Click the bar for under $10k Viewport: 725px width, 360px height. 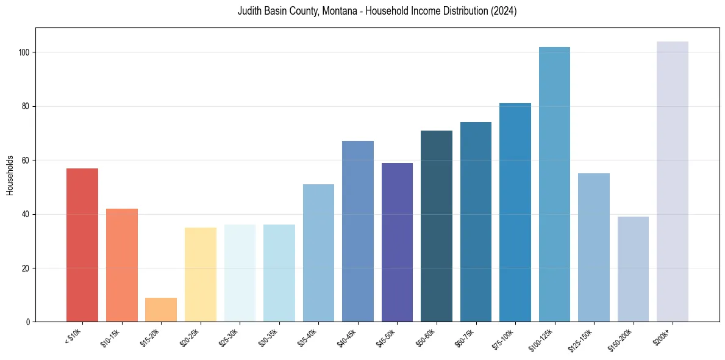tap(82, 245)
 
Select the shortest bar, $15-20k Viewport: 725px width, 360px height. tap(161, 309)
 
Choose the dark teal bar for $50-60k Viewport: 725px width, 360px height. tap(437, 226)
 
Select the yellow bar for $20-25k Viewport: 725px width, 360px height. tap(201, 275)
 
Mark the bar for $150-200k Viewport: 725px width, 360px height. tap(633, 269)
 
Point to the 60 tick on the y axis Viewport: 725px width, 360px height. tap(27, 160)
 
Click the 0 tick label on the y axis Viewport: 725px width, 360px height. tap(29, 322)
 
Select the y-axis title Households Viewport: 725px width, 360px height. tap(10, 175)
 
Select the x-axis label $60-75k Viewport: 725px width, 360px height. tap(465, 337)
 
